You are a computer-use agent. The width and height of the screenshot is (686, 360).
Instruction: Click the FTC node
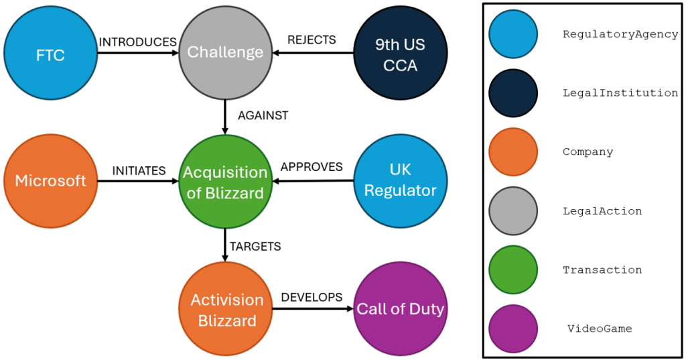pos(51,53)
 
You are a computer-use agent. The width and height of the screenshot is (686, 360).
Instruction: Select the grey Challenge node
pos(225,52)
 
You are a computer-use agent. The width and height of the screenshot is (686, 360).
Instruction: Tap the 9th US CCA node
pos(400,53)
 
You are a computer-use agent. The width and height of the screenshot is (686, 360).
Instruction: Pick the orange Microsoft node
pos(51,181)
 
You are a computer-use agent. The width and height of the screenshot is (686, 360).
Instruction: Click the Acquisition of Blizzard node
pos(225,182)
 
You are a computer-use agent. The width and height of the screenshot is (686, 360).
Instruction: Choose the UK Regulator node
pos(400,181)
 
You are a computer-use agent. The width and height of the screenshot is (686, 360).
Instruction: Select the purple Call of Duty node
pos(400,310)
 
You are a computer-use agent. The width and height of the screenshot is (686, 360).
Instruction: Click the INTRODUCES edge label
pos(137,42)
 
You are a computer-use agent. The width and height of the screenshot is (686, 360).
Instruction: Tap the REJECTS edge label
pos(312,40)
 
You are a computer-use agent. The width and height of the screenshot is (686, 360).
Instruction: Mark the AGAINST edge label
pos(263,116)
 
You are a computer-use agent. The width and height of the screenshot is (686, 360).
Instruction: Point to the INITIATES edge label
pos(139,171)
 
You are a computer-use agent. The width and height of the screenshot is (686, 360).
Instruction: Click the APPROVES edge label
pos(312,166)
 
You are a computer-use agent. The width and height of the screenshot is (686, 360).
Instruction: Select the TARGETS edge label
pos(255,247)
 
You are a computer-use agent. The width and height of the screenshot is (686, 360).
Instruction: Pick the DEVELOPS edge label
pos(312,297)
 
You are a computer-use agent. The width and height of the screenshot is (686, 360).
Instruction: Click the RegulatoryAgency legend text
pos(620,34)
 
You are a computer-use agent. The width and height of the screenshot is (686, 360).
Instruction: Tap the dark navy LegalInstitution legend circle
pos(513,93)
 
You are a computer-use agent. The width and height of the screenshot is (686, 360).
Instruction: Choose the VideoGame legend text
pos(600,328)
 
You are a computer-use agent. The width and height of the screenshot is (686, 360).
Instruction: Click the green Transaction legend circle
pos(513,269)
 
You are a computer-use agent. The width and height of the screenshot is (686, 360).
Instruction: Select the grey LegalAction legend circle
pos(513,211)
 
